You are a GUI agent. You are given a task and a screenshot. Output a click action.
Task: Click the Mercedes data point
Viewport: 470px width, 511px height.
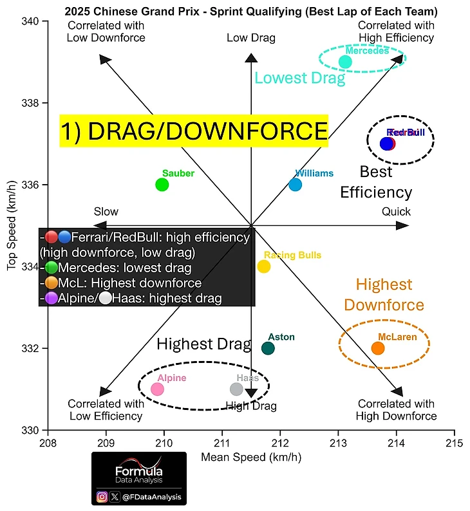(x=345, y=62)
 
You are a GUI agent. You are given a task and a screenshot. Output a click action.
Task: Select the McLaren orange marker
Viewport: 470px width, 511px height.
(x=378, y=348)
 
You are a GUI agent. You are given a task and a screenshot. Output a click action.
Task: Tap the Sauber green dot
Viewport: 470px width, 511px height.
(x=162, y=185)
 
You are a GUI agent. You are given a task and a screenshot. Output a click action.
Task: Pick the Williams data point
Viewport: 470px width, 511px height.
(x=296, y=185)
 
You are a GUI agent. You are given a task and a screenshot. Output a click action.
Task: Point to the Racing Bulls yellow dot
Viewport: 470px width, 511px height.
(x=264, y=266)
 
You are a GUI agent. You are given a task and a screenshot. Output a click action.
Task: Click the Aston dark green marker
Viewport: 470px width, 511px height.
(x=268, y=348)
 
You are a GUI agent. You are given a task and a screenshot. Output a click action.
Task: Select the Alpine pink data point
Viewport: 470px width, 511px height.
(x=157, y=389)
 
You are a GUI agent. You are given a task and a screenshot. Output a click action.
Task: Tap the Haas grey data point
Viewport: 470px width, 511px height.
(x=237, y=389)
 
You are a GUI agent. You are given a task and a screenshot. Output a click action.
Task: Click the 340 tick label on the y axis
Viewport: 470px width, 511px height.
(x=32, y=21)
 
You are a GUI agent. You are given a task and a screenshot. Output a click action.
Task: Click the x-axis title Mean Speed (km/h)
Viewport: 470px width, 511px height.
(x=251, y=458)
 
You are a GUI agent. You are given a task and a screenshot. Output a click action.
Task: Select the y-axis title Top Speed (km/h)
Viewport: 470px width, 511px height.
(x=12, y=226)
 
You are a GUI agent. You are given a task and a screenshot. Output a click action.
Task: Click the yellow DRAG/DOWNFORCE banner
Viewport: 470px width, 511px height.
(x=194, y=132)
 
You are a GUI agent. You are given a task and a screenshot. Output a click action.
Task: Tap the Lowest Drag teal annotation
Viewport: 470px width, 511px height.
(x=300, y=79)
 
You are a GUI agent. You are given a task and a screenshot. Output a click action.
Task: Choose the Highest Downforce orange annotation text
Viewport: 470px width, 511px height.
(x=390, y=295)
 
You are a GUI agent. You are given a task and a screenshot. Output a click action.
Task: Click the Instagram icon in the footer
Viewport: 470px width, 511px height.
(x=102, y=496)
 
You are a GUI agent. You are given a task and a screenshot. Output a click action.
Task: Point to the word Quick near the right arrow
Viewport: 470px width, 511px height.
(x=395, y=212)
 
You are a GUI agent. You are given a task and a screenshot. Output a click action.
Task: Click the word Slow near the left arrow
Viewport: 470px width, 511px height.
(x=106, y=212)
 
